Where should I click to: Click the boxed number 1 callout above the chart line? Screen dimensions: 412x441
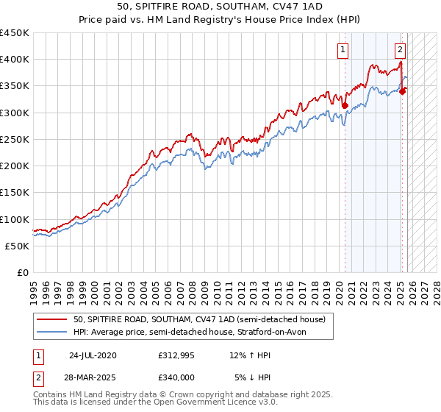343,50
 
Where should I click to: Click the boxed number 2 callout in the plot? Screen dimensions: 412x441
400,50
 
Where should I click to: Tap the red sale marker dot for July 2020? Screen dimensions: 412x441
345,105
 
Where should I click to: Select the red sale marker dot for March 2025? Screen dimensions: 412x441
402,91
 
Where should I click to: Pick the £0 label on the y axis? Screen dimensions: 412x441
22,273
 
